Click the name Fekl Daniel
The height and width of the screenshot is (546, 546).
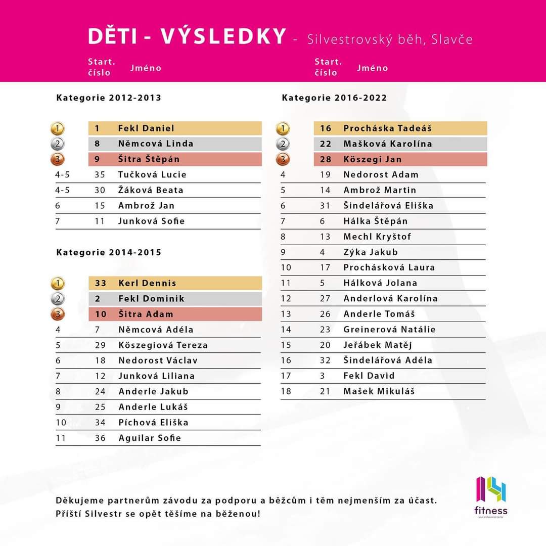click(x=146, y=128)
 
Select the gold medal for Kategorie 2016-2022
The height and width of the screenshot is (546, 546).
click(x=283, y=128)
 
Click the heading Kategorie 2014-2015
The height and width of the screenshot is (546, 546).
click(x=109, y=252)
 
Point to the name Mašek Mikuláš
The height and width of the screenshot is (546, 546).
click(x=379, y=391)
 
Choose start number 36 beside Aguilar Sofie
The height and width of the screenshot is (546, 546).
click(x=100, y=438)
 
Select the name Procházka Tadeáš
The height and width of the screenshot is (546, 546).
click(x=387, y=128)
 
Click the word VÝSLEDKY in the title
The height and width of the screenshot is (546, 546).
click(x=224, y=37)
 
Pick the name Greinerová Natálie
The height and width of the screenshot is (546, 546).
click(x=389, y=330)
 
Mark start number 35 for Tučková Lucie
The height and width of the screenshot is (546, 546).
click(x=100, y=175)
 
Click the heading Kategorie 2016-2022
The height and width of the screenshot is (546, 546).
click(x=334, y=98)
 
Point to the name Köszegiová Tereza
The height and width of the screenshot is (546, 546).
click(x=163, y=345)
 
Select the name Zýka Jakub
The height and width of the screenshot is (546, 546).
click(x=371, y=252)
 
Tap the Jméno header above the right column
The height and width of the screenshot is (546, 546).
click(x=372, y=68)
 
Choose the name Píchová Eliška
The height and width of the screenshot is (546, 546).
click(x=153, y=423)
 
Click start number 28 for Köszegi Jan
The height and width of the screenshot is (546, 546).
click(x=325, y=159)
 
